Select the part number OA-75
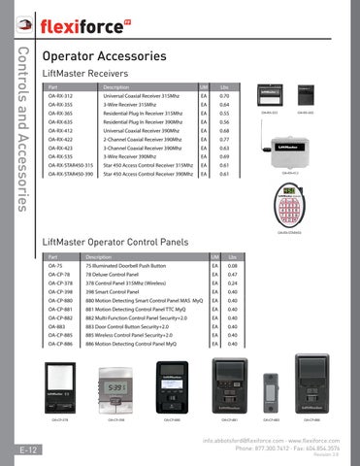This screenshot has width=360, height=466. click(54, 265)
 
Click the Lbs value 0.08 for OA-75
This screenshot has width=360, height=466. click(230, 265)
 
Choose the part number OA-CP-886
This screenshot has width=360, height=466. click(60, 344)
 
